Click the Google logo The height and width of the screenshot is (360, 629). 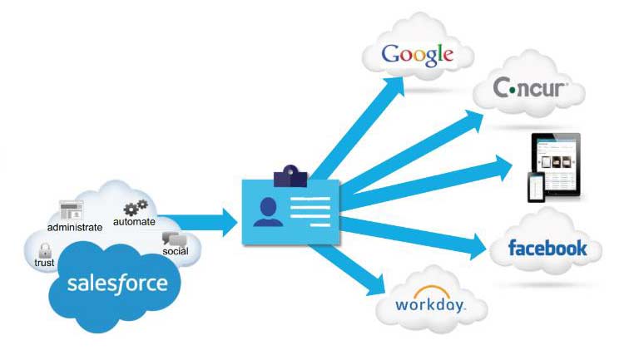pos(417,56)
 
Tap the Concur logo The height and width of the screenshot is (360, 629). pos(529,88)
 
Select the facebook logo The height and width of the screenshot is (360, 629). pos(547,248)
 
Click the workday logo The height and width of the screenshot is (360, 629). pos(430,300)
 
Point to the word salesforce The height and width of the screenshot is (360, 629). pos(117,284)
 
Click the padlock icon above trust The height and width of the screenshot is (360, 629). pos(45,250)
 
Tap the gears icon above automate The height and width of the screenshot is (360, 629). pos(135,207)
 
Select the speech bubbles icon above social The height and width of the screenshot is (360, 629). pos(175,239)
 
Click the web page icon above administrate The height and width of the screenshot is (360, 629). pos(72,210)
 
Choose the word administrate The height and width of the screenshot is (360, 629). pos(75,227)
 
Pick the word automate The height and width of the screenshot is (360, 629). pos(134,221)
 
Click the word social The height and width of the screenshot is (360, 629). pos(176,251)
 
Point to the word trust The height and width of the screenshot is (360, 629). pos(44,263)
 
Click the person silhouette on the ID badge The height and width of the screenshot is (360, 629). pos(268,213)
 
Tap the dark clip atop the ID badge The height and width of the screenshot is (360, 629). pos(290,176)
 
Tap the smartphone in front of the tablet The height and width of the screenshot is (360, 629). pos(536,187)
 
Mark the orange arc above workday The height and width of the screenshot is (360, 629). pos(431,289)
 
